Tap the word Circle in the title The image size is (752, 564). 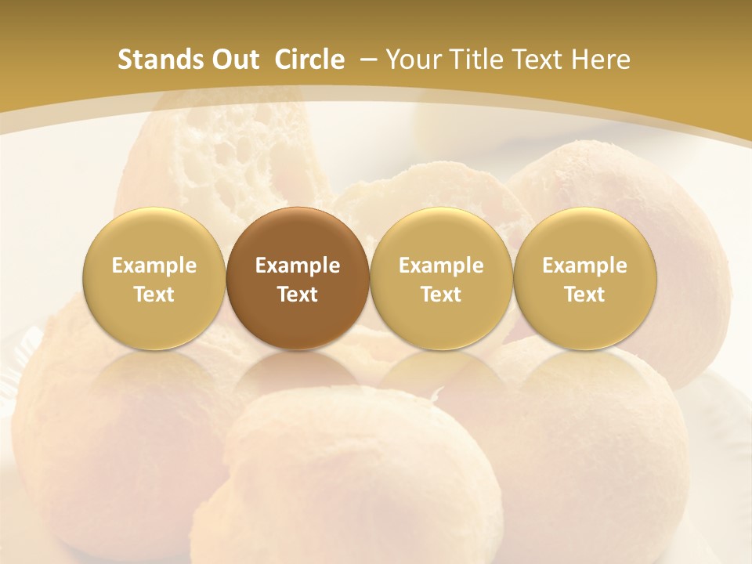click(x=309, y=60)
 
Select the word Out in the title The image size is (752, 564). click(x=233, y=60)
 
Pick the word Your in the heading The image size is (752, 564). click(x=414, y=60)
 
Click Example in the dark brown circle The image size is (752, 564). click(x=298, y=266)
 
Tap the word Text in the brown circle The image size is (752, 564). click(x=298, y=295)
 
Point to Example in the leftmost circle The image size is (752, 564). click(x=154, y=266)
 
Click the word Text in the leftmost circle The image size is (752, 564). click(x=154, y=295)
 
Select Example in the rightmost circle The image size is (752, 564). click(x=584, y=266)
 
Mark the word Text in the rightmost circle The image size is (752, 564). click(x=584, y=295)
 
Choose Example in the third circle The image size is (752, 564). click(x=441, y=266)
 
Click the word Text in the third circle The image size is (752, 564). click(x=441, y=295)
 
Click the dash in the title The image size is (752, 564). click(x=367, y=60)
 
